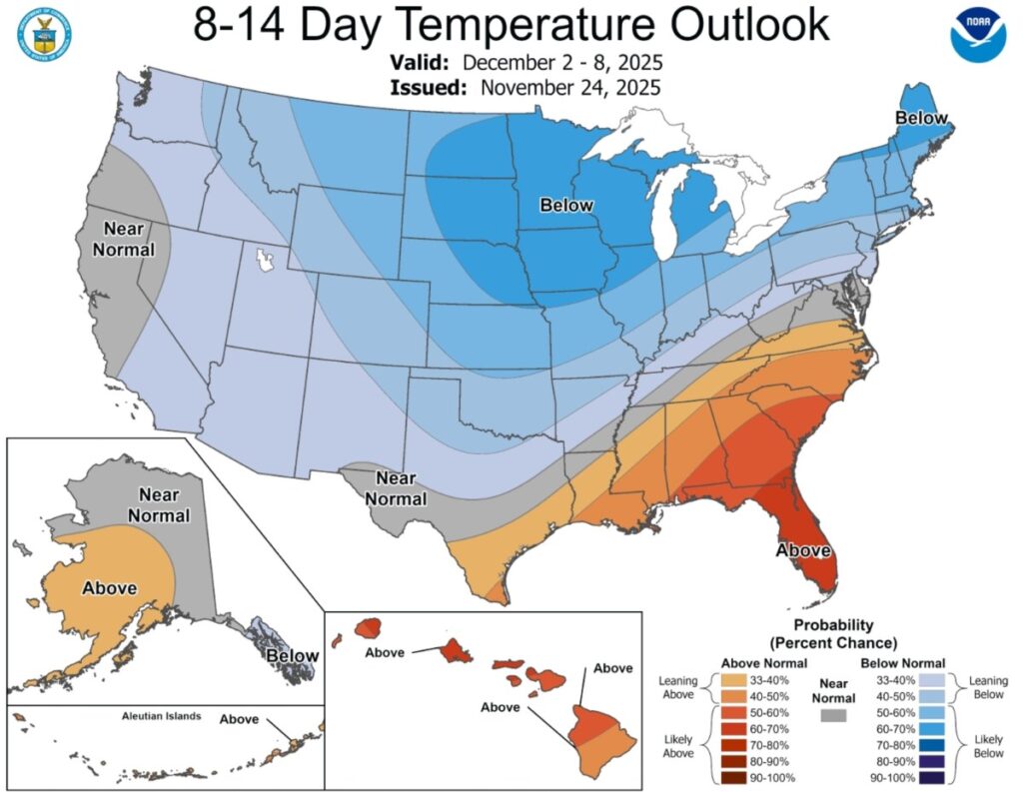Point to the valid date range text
[x=562, y=63]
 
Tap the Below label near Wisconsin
[x=566, y=206]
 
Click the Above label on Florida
[x=804, y=550]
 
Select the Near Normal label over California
[x=124, y=240]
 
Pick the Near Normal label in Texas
[x=396, y=489]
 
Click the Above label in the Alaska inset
[x=109, y=588]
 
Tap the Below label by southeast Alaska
[x=292, y=656]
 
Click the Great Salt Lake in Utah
[x=264, y=262]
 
